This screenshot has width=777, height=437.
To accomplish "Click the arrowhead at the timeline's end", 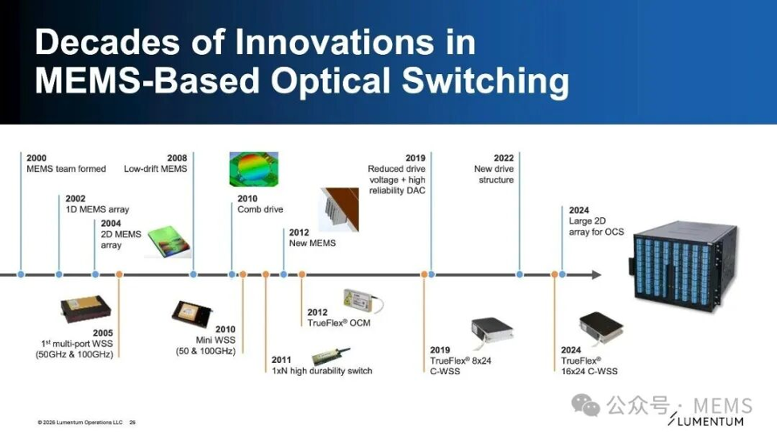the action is (x=596, y=274).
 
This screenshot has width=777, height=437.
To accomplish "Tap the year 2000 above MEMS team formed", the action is (x=36, y=158).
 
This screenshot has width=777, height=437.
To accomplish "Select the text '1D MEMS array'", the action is (x=97, y=209).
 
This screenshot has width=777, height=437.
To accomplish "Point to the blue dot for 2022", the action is (x=519, y=274).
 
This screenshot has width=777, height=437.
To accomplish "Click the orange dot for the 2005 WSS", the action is (x=119, y=274).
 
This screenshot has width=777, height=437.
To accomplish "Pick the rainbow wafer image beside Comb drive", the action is (x=254, y=169).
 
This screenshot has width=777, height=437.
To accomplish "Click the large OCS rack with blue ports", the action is (x=683, y=266).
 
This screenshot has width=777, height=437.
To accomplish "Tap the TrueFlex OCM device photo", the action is (x=362, y=301).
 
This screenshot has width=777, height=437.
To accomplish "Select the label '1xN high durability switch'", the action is (x=321, y=371).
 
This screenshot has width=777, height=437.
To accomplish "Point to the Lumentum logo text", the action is (x=705, y=421).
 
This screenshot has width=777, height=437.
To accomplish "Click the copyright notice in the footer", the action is (x=79, y=422).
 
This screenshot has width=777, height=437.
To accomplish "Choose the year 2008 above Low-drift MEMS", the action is (x=177, y=158).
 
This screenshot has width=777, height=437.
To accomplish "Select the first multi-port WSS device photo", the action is (x=86, y=309).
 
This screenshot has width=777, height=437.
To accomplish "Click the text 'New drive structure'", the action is (x=494, y=174).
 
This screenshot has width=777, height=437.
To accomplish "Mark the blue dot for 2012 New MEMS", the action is (x=284, y=274).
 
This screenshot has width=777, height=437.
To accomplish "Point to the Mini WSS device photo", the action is (x=192, y=314).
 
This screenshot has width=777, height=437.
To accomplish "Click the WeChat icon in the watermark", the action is (x=585, y=405).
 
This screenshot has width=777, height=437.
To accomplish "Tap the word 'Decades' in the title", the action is (x=107, y=42).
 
